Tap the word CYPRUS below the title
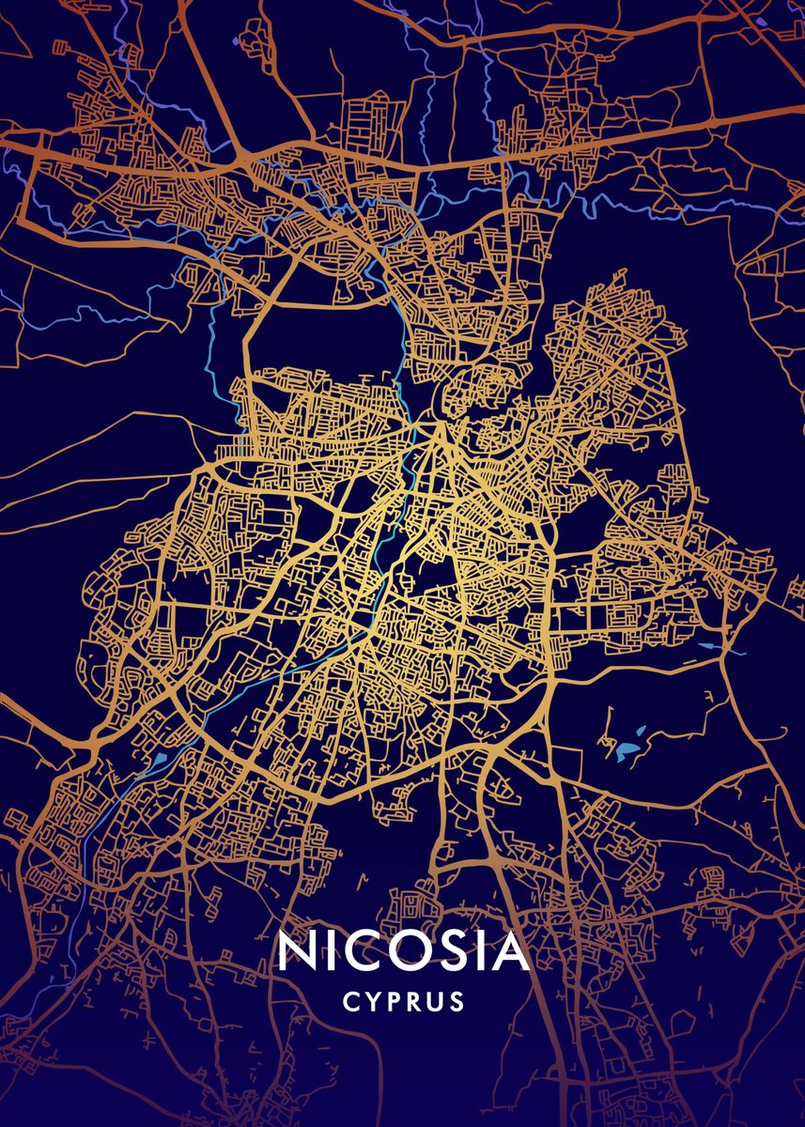[x=404, y=1003]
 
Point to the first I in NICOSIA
[x=333, y=951]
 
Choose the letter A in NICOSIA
[x=510, y=951]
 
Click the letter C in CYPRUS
[x=350, y=1003]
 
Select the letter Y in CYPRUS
[x=372, y=1003]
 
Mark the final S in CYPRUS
[x=457, y=1003]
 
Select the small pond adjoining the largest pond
[x=641, y=730]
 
